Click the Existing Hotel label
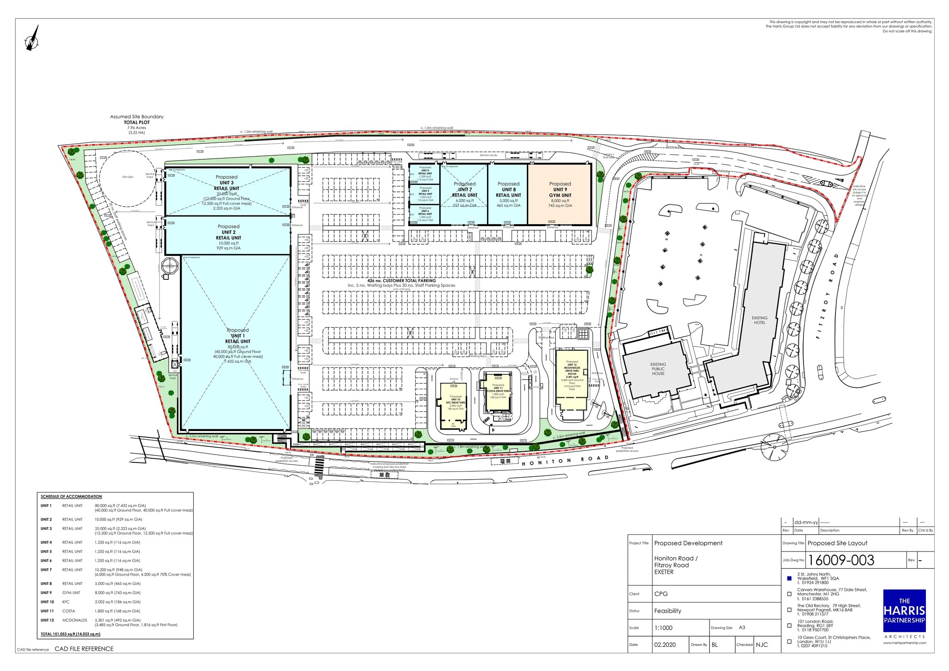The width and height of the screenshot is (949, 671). (759, 320)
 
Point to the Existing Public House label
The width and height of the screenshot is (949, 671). (658, 369)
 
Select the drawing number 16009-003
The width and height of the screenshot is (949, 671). (841, 560)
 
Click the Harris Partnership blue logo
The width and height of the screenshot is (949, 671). (904, 610)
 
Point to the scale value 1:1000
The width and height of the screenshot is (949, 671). (663, 628)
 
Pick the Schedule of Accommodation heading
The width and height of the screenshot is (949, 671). (71, 496)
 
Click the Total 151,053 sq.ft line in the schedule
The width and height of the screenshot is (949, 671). (70, 633)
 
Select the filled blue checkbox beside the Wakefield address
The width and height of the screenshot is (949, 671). (790, 578)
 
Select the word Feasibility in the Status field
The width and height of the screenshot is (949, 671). (668, 611)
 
